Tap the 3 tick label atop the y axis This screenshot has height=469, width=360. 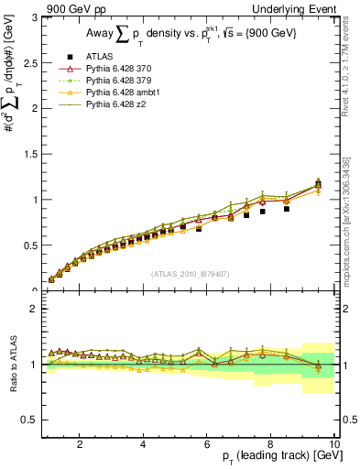(x=33, y=17)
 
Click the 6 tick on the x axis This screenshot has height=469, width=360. (x=206, y=444)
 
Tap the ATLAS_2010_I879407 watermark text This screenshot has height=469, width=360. (x=190, y=272)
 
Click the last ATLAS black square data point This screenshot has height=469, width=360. (x=318, y=185)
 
